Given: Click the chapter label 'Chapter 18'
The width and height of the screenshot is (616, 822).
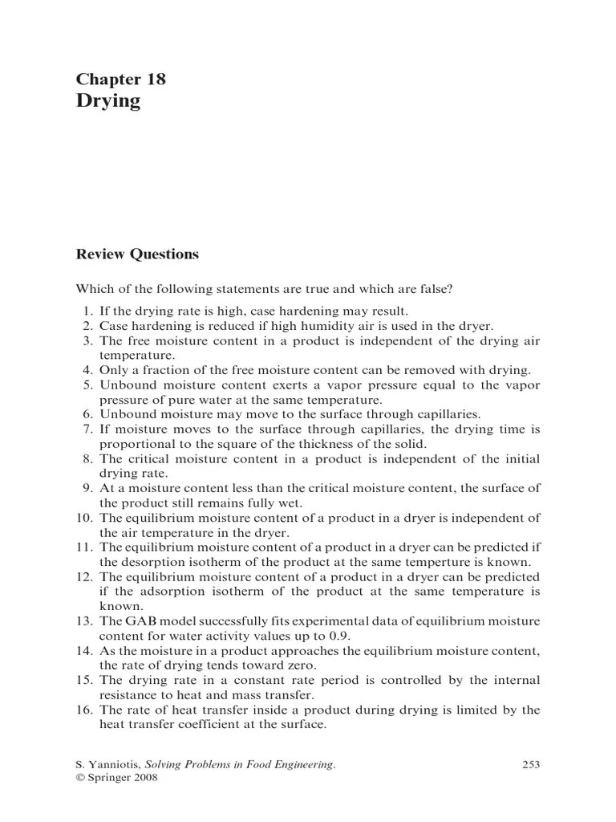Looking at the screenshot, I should click(x=120, y=79).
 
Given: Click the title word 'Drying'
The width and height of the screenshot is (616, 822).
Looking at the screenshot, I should click(x=108, y=100).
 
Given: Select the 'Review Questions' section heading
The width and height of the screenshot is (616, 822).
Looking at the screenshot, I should click(x=136, y=254).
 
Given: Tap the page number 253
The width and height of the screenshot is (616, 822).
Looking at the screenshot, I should click(x=531, y=765).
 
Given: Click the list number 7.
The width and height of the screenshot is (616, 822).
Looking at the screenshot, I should click(x=89, y=429).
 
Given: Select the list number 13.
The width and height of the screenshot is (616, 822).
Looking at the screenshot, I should click(x=86, y=622).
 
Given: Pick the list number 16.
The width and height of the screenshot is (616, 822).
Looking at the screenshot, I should click(x=86, y=710).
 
